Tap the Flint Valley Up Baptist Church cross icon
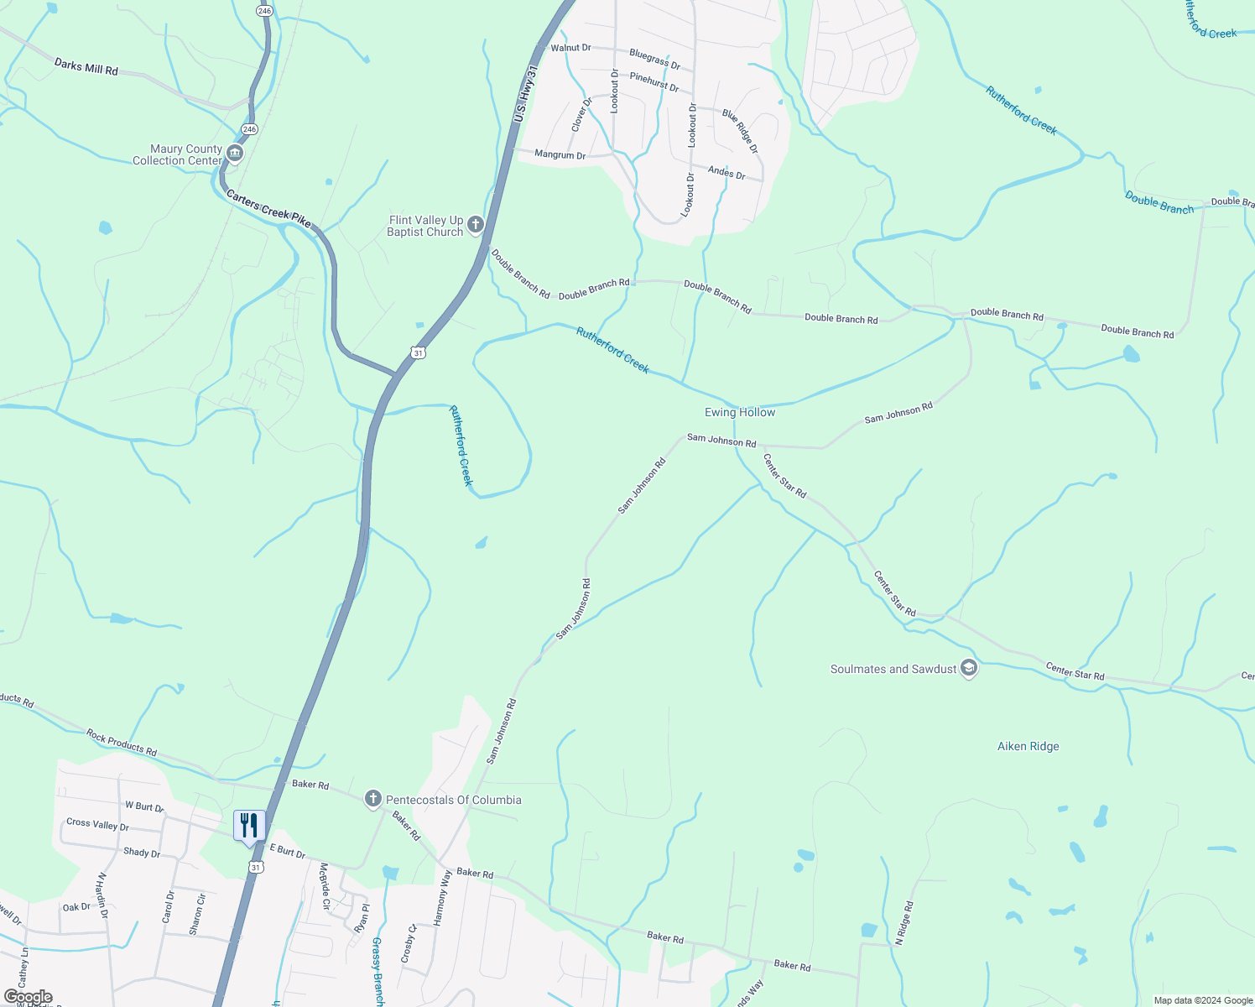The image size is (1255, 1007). click(476, 225)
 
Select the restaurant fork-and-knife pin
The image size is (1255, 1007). click(249, 825)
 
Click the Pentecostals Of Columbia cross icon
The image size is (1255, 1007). click(373, 799)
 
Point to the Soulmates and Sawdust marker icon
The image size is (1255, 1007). click(969, 669)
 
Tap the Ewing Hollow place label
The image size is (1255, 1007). click(740, 412)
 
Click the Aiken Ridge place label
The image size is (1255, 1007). click(1028, 746)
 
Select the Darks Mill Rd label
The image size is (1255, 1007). click(86, 66)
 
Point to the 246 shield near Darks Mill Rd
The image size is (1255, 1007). click(249, 128)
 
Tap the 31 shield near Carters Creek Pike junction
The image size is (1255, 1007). click(419, 353)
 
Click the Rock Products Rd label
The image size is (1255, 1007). click(122, 742)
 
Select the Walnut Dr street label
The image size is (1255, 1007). click(570, 48)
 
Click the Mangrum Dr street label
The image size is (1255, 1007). click(560, 155)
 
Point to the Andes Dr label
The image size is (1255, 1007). click(726, 173)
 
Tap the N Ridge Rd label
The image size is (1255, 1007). click(904, 923)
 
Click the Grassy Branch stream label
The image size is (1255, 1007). click(378, 971)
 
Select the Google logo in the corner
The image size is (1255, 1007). click(29, 997)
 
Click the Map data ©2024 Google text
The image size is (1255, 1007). click(1202, 1000)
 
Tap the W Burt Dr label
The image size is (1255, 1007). click(144, 806)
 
